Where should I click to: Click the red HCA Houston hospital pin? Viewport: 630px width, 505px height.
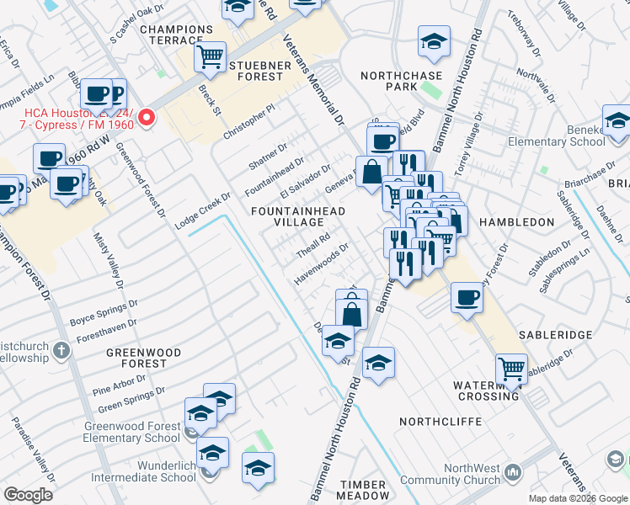click(147, 117)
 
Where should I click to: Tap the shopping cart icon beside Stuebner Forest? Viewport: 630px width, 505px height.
click(210, 57)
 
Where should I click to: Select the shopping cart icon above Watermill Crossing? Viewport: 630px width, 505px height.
click(511, 367)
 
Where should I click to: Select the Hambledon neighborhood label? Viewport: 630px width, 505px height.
click(516, 222)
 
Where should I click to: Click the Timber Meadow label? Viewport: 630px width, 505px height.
click(363, 491)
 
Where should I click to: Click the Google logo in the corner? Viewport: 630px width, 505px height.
click(28, 495)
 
